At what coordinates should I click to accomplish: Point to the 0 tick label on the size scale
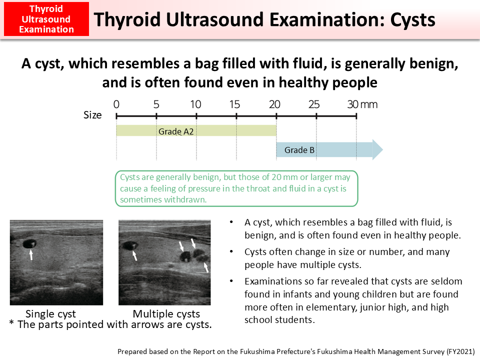click(116, 104)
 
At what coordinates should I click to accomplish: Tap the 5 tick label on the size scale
click(156, 104)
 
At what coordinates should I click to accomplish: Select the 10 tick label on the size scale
click(196, 104)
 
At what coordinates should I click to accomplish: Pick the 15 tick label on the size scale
click(235, 104)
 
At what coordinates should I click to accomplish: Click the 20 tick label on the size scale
click(274, 104)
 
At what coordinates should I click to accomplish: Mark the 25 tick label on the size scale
click(314, 104)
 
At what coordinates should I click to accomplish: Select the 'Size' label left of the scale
click(92, 115)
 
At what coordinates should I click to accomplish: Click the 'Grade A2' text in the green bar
click(176, 131)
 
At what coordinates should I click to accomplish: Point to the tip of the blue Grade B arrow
click(382, 149)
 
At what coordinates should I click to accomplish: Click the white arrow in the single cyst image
click(31, 255)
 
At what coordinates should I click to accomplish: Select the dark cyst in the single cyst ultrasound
click(28, 244)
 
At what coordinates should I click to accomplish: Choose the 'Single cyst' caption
click(50, 314)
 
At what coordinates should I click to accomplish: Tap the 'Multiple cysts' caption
click(166, 314)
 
